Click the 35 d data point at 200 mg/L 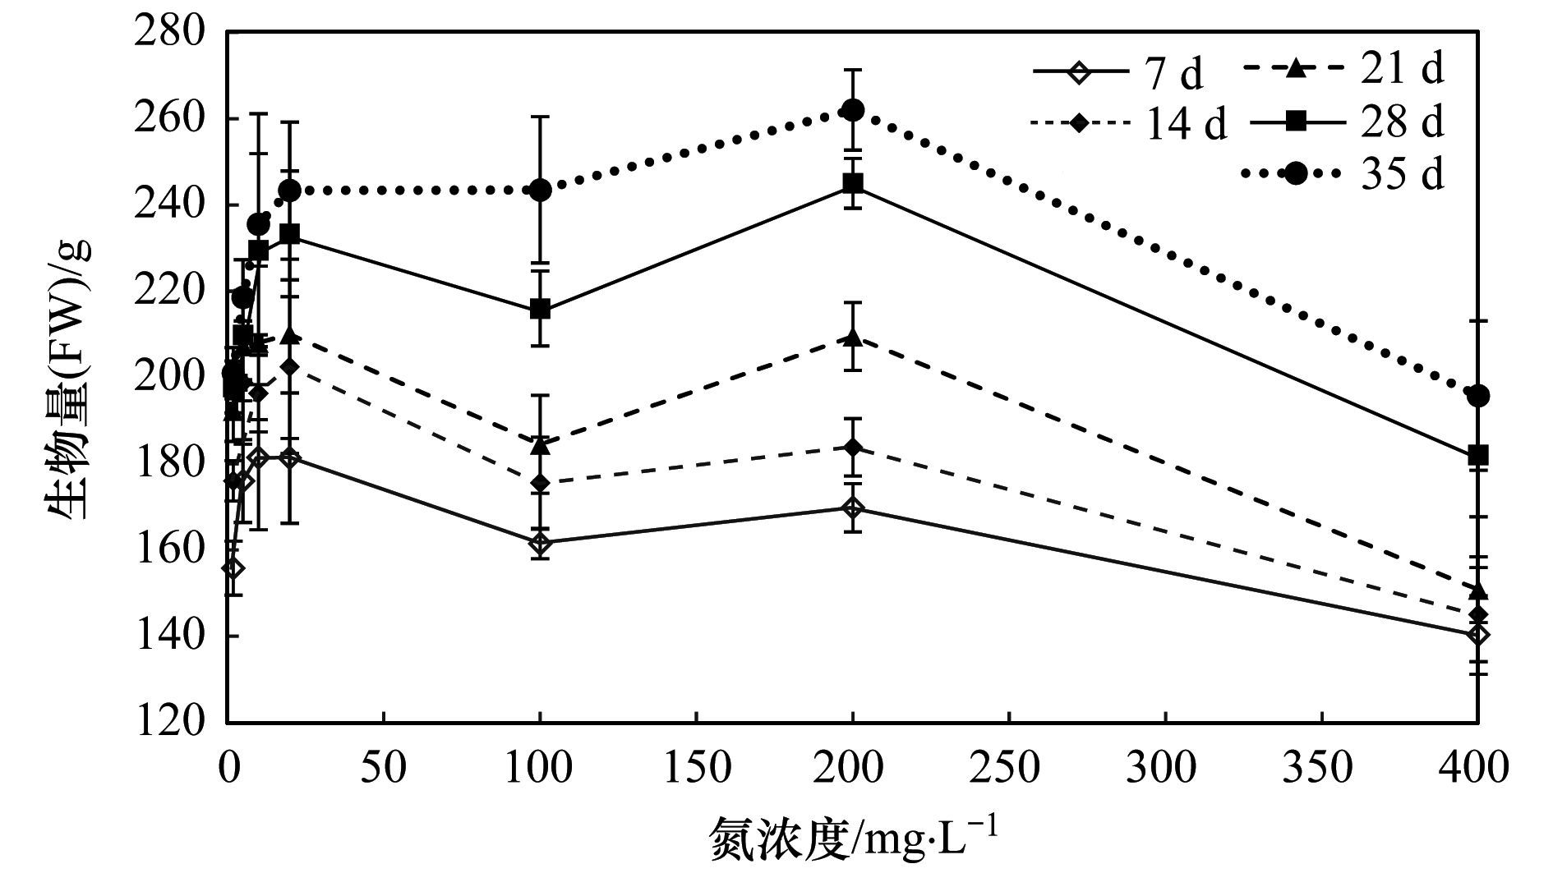tap(853, 110)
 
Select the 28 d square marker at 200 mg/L tap(853, 183)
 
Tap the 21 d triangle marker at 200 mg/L tap(853, 337)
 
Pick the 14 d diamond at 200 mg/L tap(853, 448)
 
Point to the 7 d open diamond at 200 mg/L tap(853, 508)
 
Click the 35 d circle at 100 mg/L tap(540, 191)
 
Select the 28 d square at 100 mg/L tap(540, 310)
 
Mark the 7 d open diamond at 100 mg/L tap(540, 543)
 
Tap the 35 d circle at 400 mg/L tap(1478, 396)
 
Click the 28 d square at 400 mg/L tap(1478, 455)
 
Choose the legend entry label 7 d tap(1173, 75)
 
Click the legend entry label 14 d tap(1184, 125)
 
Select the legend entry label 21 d tap(1402, 70)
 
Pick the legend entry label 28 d tap(1402, 122)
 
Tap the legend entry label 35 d tap(1402, 174)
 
